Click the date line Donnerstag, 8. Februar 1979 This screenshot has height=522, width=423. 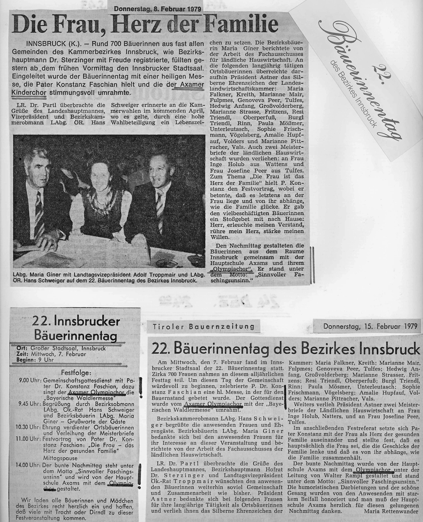tap(157, 9)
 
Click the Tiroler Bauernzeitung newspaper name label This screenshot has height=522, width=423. tap(203, 327)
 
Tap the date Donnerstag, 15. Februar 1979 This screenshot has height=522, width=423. tap(366, 327)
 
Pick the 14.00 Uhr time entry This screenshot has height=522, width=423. tap(29, 465)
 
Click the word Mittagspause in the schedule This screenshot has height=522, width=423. tap(60, 458)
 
